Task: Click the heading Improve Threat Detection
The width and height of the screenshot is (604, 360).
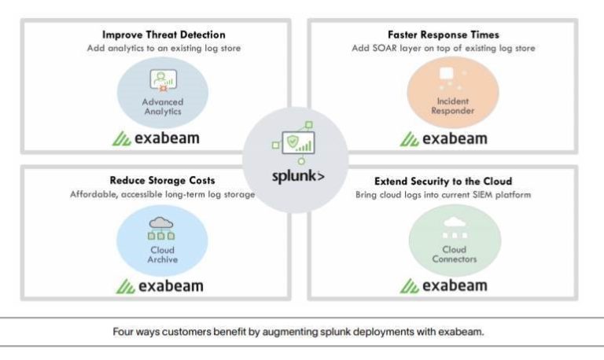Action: (x=164, y=35)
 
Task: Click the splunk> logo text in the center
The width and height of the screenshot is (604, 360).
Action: (x=298, y=174)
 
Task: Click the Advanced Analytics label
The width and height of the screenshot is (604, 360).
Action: (x=162, y=107)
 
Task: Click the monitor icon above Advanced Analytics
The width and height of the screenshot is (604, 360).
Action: (x=162, y=79)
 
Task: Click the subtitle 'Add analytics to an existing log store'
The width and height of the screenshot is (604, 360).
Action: (x=164, y=48)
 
